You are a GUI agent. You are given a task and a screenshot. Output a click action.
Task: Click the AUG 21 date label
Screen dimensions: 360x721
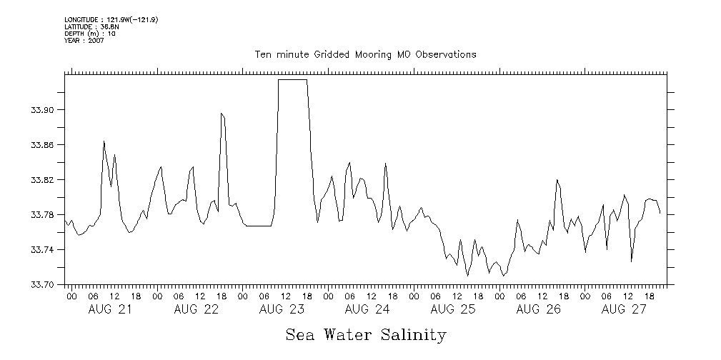pos(110,309)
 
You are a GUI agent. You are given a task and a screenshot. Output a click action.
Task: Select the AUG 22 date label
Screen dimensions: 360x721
pos(196,309)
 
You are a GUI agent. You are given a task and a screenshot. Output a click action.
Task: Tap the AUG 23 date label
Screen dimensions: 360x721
pos(282,309)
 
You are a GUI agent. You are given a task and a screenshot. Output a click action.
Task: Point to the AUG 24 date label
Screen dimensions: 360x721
pos(367,309)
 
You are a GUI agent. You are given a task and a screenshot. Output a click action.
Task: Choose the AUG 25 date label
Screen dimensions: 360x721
pos(453,309)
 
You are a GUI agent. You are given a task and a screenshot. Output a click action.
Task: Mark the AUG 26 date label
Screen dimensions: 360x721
pos(539,309)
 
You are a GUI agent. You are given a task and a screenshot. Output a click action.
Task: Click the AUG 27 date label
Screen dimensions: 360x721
pos(625,309)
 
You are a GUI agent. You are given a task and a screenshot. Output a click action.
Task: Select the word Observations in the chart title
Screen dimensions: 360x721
pos(444,55)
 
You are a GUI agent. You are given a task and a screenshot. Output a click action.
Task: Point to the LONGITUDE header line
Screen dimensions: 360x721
pos(111,20)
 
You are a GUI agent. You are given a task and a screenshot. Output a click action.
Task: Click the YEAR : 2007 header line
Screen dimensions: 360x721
pos(84,41)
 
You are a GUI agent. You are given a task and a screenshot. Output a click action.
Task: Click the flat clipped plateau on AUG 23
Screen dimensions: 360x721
pos(292,80)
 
